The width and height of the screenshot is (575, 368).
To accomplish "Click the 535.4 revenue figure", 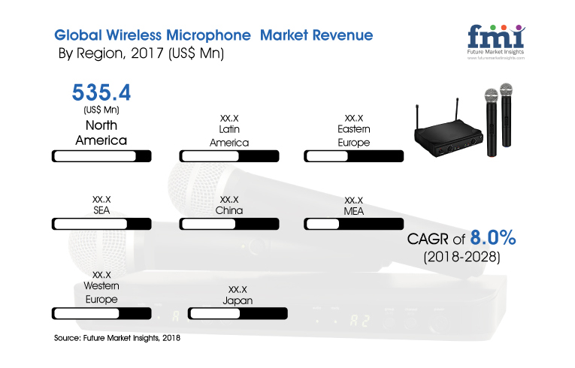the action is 101,92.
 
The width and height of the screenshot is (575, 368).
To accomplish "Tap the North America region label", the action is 101,133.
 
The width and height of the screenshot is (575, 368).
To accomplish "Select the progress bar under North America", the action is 101,156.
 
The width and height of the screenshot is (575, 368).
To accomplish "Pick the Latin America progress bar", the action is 229,156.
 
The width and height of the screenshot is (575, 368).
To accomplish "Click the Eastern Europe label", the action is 354,136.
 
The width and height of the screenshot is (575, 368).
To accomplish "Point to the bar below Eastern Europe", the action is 354,156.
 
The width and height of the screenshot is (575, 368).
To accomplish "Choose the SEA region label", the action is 101,210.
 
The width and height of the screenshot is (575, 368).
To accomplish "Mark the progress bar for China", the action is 229,224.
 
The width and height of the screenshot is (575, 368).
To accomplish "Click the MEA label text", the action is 354,211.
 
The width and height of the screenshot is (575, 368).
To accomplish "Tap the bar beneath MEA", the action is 354,224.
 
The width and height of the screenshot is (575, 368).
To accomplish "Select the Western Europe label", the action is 101,292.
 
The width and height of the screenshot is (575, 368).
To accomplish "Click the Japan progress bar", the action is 238,313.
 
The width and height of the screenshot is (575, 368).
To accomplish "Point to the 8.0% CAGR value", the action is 493,237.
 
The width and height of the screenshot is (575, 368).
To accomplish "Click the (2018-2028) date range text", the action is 462,257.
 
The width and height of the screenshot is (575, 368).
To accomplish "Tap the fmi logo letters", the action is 496,36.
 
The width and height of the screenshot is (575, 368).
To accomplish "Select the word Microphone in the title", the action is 208,35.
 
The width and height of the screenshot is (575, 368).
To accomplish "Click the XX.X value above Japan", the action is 238,290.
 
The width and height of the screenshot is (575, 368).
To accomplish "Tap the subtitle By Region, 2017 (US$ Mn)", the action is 141,53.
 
